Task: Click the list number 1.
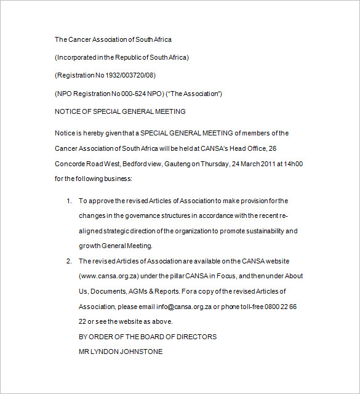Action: [x=69, y=201]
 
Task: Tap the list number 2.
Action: [x=69, y=261]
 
